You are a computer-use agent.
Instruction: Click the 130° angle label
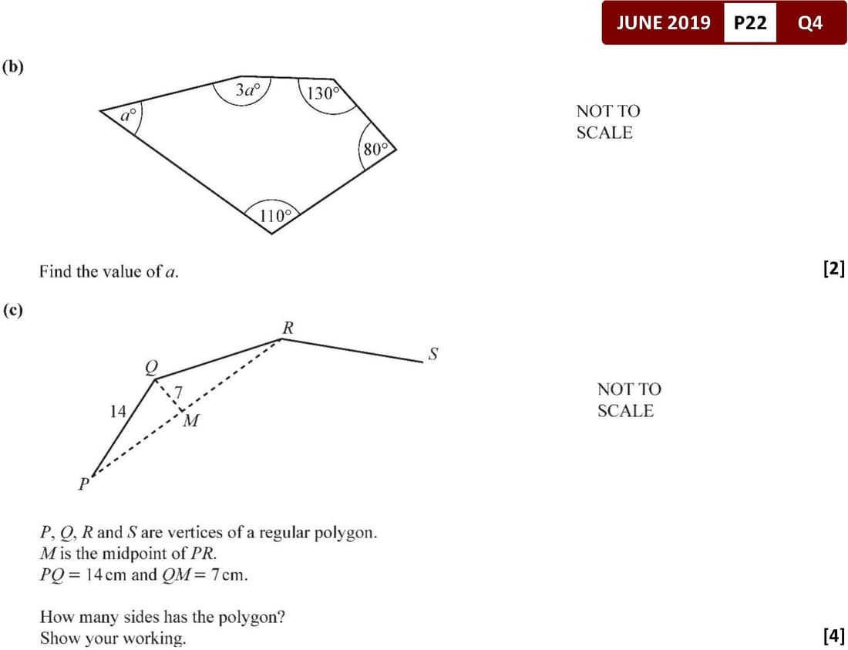point(323,93)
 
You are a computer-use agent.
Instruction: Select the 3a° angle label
point(247,89)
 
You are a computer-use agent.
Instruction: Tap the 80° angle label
point(376,149)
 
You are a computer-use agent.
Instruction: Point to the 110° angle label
point(275,217)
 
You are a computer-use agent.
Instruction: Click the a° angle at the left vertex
point(128,115)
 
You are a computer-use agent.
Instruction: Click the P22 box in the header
point(750,22)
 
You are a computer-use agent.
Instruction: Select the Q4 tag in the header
point(810,22)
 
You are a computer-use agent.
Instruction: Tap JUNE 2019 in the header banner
point(664,22)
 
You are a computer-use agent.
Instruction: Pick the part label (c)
point(13,310)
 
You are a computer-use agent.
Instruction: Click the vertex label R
point(288,328)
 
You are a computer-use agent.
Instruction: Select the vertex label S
point(433,354)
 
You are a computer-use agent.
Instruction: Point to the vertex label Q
point(151,368)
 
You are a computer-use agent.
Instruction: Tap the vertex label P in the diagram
point(83,483)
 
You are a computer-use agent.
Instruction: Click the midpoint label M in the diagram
point(190,420)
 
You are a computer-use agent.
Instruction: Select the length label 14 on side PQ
point(117,412)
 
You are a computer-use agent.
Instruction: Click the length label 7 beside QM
point(178,392)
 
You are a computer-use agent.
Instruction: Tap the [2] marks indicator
point(833,268)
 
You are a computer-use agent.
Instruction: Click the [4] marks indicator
point(833,634)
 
